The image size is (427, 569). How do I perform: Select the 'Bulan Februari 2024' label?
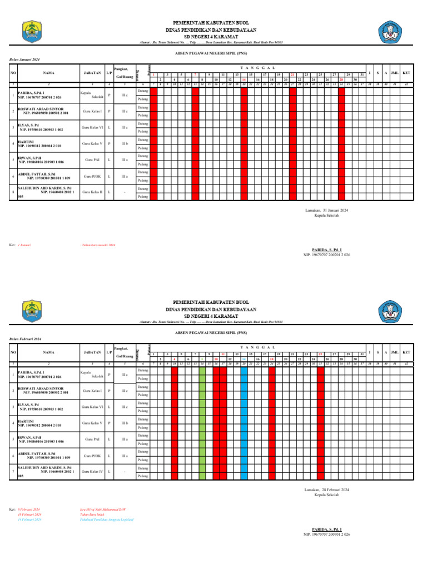coord(26,339)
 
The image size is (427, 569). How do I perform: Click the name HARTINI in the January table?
coord(26,142)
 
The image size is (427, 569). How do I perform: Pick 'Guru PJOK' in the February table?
coord(92,456)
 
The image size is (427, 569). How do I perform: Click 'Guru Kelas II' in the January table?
coord(92,192)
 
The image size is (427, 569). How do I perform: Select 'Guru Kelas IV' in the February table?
coord(92,472)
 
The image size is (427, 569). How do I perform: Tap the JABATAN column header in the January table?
coord(92,73)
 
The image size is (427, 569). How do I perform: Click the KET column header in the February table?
coord(406,352)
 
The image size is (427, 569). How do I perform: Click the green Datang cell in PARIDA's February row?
coord(202,370)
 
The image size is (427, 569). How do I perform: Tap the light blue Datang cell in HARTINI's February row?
coord(244,419)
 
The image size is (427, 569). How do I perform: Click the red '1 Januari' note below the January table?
coord(24,244)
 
